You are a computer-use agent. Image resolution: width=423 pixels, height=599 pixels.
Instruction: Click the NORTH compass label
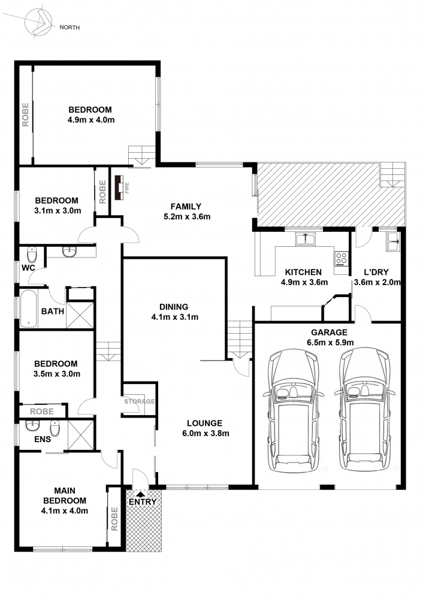pos(70,28)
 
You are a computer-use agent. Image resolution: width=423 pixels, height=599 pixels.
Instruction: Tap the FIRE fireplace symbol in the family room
pos(119,187)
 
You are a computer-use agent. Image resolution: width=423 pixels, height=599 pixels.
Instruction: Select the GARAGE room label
pos(329,332)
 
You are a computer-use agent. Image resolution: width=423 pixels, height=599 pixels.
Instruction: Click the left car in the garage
pos(293,412)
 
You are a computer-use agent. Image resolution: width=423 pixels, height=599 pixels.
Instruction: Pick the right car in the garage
pos(364,411)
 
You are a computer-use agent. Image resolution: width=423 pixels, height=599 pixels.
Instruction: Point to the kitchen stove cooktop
pos(342,259)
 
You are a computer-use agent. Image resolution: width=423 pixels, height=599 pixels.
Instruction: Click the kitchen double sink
pos(306,240)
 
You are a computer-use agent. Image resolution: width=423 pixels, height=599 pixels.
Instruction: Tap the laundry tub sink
pos(393,241)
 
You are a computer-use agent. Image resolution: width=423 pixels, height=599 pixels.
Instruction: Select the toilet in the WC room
pos(31,254)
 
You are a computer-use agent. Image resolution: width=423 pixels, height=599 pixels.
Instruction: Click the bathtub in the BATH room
pos(29,308)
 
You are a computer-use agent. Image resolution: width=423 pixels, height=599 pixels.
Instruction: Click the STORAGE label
pos(140,401)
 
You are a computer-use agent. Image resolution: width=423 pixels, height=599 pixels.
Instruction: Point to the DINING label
pos(174,307)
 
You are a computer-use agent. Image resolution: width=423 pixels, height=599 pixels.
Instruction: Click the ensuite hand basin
pos(32,425)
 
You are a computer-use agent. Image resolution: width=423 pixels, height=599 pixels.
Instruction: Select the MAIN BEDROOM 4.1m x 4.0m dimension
pos(65,511)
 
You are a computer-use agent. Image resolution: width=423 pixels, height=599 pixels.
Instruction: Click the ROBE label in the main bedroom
pos(114,519)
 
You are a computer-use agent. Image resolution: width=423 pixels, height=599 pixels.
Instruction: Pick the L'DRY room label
pos(376,273)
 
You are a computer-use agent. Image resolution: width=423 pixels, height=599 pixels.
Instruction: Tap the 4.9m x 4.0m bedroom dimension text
pos(91,120)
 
